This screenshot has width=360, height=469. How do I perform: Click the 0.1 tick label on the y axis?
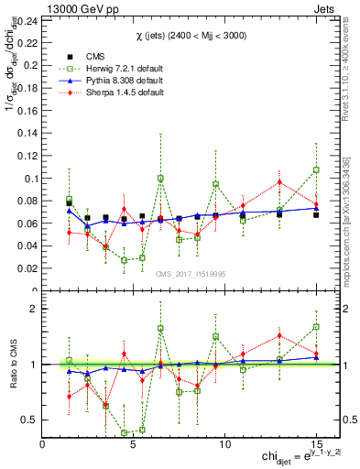[x=29, y=178]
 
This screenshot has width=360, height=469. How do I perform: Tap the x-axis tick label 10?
[x=225, y=444]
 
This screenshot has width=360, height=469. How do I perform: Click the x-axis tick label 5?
[x=134, y=444]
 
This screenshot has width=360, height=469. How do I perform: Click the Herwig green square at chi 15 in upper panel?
[x=316, y=169]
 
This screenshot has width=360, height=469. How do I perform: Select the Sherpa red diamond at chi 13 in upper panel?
[x=279, y=181]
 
